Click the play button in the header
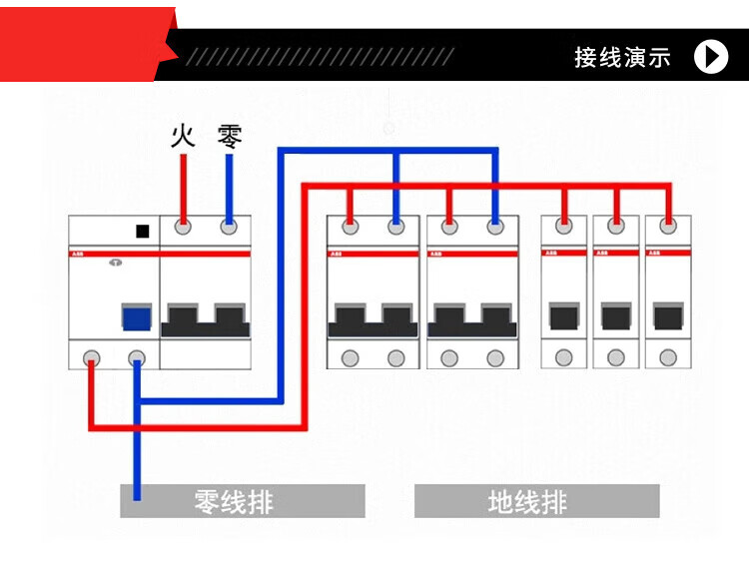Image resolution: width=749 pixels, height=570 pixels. click(x=711, y=56)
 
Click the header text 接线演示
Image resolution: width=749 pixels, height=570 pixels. click(x=622, y=57)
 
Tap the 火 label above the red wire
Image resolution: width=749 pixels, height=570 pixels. click(x=183, y=136)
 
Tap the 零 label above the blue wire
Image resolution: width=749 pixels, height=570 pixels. click(x=230, y=136)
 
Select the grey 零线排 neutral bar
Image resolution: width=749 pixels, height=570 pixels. click(x=242, y=501)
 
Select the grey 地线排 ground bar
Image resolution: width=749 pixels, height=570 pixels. click(x=536, y=501)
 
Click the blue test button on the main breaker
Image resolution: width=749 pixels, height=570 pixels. click(x=136, y=316)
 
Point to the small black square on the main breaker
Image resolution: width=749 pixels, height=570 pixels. click(x=142, y=232)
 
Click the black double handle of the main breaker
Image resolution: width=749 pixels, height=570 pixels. click(x=205, y=318)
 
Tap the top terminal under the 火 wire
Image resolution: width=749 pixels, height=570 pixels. click(x=183, y=227)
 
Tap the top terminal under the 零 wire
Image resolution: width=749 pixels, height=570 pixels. click(x=229, y=227)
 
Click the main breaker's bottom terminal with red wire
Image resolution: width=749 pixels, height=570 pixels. click(x=91, y=356)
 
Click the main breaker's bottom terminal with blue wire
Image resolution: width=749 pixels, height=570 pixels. click(x=137, y=356)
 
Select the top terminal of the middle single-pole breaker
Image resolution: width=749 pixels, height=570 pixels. click(x=616, y=227)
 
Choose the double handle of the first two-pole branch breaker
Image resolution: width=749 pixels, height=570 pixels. click(x=373, y=318)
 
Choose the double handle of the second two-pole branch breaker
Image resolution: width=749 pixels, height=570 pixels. click(x=471, y=318)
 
